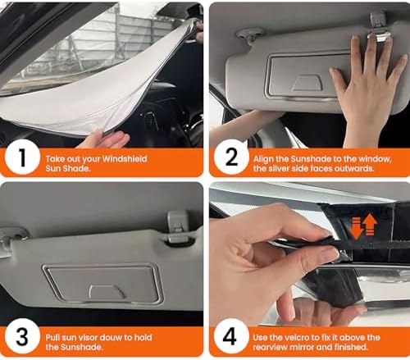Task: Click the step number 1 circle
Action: click(x=22, y=157)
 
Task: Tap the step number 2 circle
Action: click(x=231, y=157)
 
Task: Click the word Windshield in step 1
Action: click(x=125, y=159)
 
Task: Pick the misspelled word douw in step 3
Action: click(x=109, y=338)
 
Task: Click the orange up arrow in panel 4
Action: click(x=371, y=224)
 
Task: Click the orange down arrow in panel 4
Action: click(x=357, y=228)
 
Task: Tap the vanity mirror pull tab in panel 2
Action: click(x=306, y=83)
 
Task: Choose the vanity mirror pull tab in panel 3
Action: click(x=107, y=293)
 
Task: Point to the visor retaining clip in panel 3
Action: click(x=178, y=227)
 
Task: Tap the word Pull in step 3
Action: click(x=52, y=338)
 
